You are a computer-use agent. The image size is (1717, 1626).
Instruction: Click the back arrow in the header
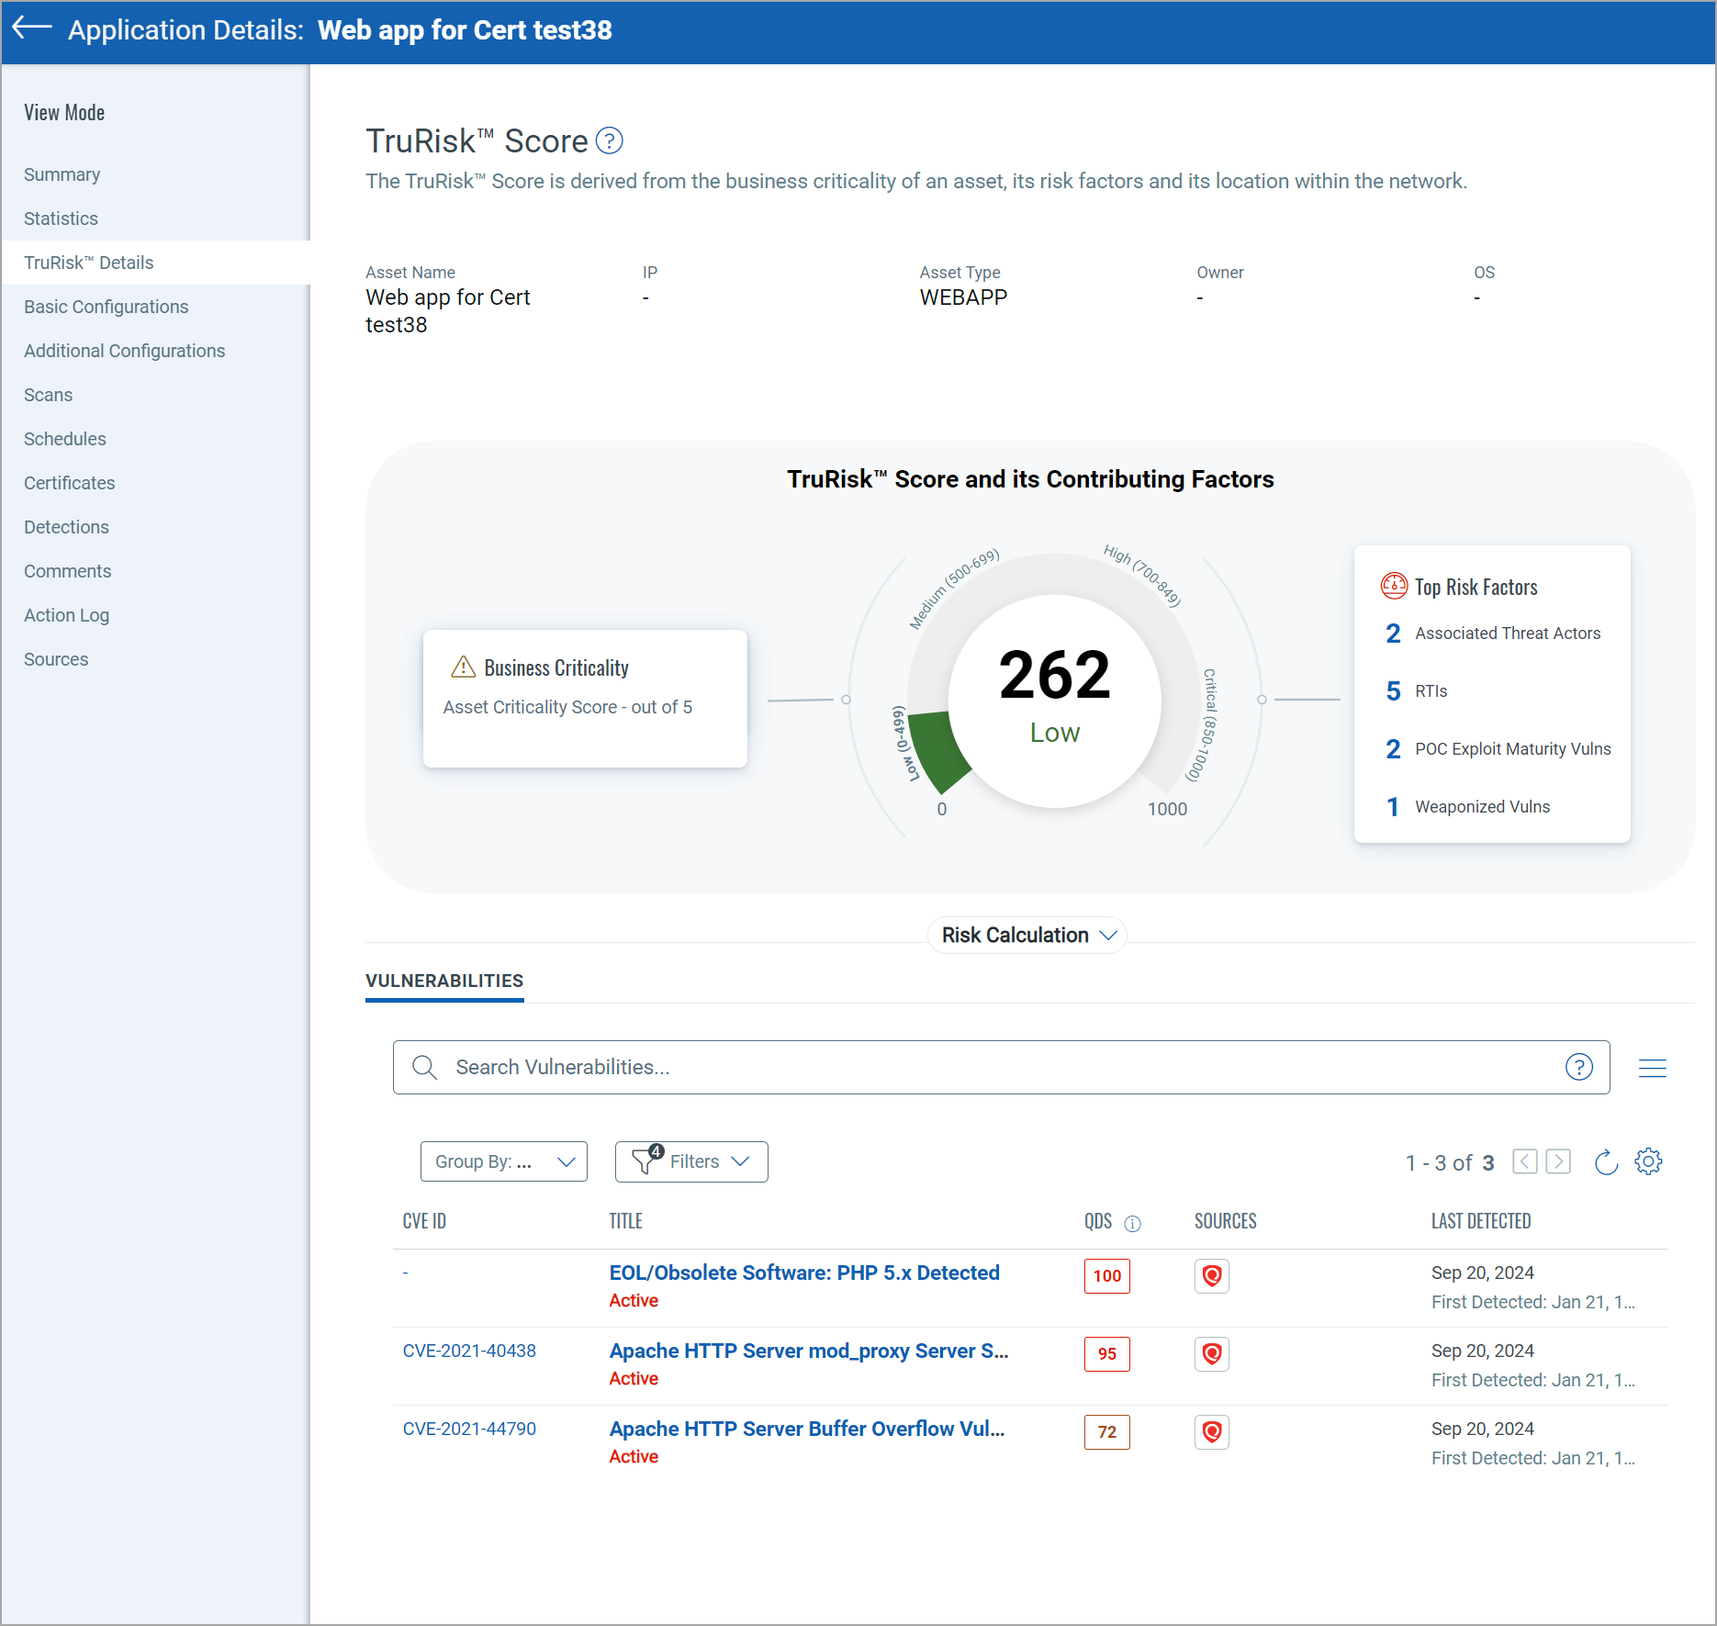(x=32, y=28)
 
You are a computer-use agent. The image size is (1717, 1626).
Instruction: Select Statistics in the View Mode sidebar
(x=61, y=219)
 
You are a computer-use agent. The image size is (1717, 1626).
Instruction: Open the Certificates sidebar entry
(x=69, y=483)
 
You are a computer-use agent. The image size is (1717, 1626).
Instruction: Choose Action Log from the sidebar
(x=66, y=615)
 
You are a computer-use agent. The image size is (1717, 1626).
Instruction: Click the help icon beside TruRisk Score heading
(x=609, y=141)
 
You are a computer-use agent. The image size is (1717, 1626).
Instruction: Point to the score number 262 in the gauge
(x=1054, y=676)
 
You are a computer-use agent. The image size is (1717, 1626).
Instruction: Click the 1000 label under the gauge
(x=1167, y=809)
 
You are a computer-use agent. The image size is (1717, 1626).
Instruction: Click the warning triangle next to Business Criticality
(x=464, y=667)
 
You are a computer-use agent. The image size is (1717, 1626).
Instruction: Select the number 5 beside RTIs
(x=1393, y=691)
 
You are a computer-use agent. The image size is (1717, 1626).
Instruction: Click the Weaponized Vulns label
(x=1482, y=807)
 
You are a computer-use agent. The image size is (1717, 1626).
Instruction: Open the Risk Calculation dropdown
(x=1027, y=936)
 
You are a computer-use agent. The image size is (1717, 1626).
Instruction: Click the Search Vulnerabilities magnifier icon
(x=424, y=1067)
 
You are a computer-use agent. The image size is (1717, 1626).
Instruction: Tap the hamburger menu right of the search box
(x=1652, y=1068)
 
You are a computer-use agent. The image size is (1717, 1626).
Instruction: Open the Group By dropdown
(x=503, y=1161)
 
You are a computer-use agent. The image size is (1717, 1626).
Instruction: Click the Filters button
(x=691, y=1161)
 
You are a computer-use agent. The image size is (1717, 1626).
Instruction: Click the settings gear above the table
(x=1648, y=1161)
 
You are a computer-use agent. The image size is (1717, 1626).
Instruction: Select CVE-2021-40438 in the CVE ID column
(x=469, y=1351)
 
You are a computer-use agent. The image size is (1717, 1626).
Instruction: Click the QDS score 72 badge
(x=1106, y=1432)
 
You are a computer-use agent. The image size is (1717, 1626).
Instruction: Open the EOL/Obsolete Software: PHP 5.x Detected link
(x=804, y=1273)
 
